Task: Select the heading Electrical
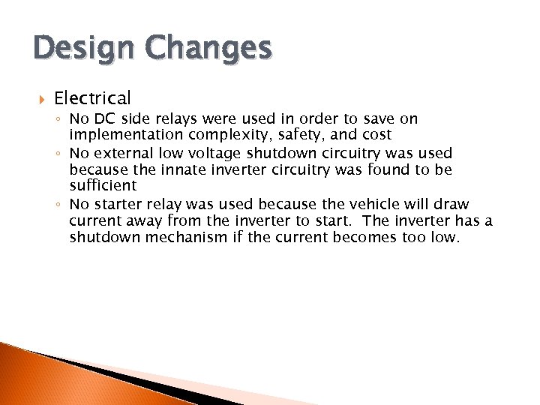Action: (x=92, y=97)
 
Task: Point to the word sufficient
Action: (x=103, y=185)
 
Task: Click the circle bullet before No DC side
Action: (x=59, y=119)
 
